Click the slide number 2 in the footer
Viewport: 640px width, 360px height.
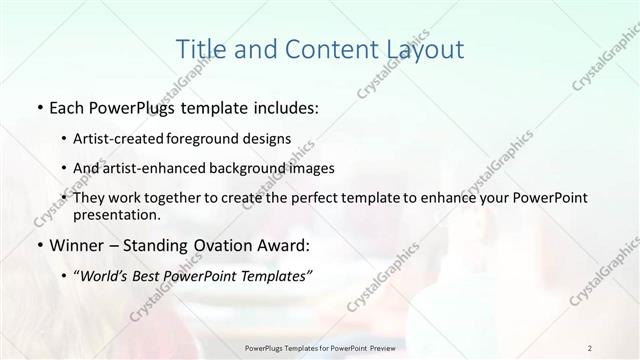591,347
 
